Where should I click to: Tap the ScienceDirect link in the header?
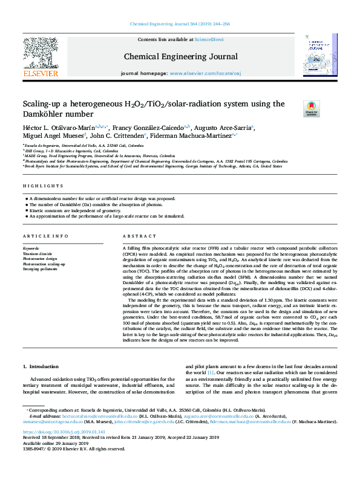coord(208,39)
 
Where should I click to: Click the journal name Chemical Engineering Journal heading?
coord(180,57)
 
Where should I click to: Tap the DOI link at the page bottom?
coord(64,432)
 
